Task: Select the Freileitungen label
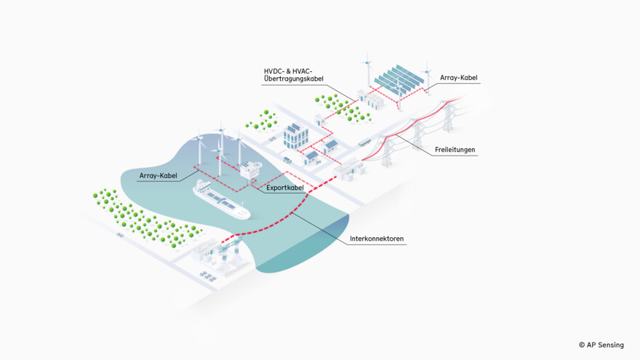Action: click(x=455, y=150)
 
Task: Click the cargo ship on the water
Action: click(x=220, y=201)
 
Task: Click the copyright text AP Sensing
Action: click(x=601, y=345)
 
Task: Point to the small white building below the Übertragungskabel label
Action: click(x=319, y=119)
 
